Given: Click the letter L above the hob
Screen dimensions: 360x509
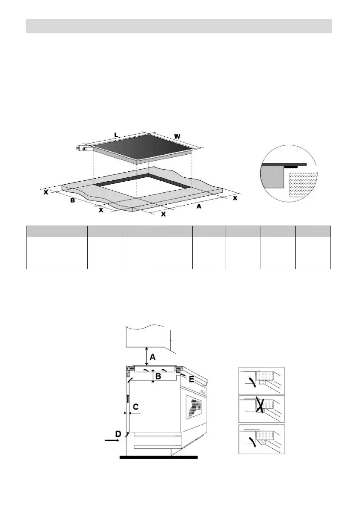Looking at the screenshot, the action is (116, 135).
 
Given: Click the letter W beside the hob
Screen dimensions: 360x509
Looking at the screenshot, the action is (177, 136).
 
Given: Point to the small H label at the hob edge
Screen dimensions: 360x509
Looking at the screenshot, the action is (78, 148).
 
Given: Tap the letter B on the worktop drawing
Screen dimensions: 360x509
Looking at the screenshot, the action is (73, 200).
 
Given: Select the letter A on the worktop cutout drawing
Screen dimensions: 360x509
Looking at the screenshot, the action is (198, 206).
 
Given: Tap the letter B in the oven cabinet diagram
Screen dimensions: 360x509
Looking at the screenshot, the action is (157, 377).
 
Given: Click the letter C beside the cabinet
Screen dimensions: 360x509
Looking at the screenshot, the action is (136, 407).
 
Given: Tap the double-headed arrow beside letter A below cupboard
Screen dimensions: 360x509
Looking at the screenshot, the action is (147, 356).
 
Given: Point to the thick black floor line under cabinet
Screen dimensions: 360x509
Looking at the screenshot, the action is (158, 457).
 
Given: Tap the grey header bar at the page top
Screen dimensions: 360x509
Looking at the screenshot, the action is (179, 26).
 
